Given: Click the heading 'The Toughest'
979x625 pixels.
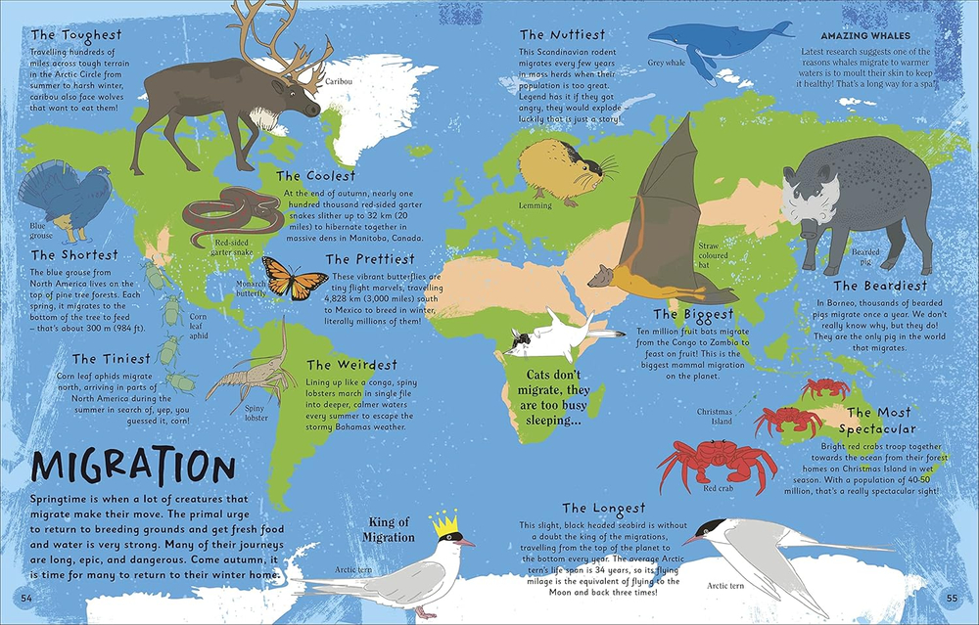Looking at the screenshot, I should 76,34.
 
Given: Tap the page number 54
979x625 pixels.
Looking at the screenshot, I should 26,598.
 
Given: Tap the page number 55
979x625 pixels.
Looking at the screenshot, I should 952,598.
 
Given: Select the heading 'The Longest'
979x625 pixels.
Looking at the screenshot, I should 604,509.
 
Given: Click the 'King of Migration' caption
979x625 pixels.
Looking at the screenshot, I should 391,529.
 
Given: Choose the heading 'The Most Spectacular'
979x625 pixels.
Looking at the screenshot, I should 882,421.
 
